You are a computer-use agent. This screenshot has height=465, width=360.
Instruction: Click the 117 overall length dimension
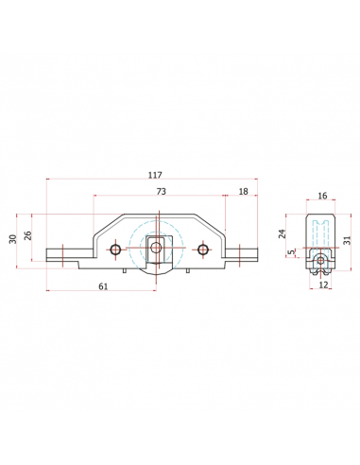(x=155, y=175)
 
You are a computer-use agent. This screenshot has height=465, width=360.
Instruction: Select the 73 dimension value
(x=161, y=191)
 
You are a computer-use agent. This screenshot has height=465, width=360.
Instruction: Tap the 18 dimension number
(x=243, y=191)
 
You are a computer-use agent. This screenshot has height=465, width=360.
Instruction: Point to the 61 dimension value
(x=103, y=286)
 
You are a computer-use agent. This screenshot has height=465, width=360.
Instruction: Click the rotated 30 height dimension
(x=12, y=239)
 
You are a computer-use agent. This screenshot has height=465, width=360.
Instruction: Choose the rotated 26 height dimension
(x=28, y=235)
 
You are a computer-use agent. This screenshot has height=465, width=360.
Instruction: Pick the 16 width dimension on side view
(x=322, y=196)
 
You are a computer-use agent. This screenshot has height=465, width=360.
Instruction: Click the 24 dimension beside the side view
(x=283, y=233)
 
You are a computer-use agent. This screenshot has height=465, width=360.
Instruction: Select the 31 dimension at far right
(x=347, y=240)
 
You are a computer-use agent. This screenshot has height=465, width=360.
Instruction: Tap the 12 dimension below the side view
(x=323, y=284)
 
